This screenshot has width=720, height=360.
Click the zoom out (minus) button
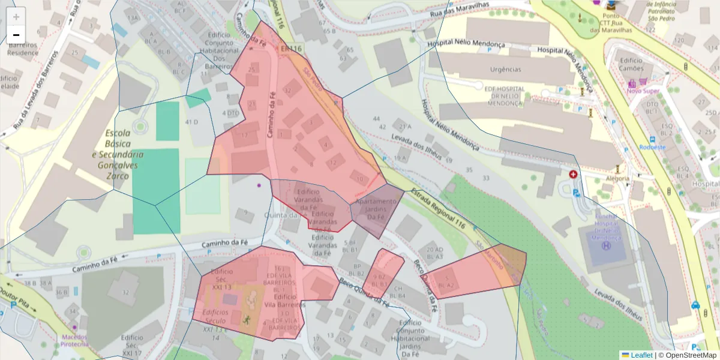coord(16,35)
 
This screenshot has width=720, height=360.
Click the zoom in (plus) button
coord(16,17)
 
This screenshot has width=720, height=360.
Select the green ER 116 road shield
coord(291,48)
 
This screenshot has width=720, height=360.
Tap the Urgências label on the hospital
coord(505,69)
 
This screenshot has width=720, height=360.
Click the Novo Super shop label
coord(643,91)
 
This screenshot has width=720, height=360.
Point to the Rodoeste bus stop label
coord(653,146)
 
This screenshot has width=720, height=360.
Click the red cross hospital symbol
coord(574,175)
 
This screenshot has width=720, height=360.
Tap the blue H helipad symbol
coord(607,246)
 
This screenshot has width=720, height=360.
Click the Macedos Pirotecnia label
coord(74,340)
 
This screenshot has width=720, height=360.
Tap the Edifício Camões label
coord(631,64)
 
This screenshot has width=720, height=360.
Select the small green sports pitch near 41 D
coord(198,98)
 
